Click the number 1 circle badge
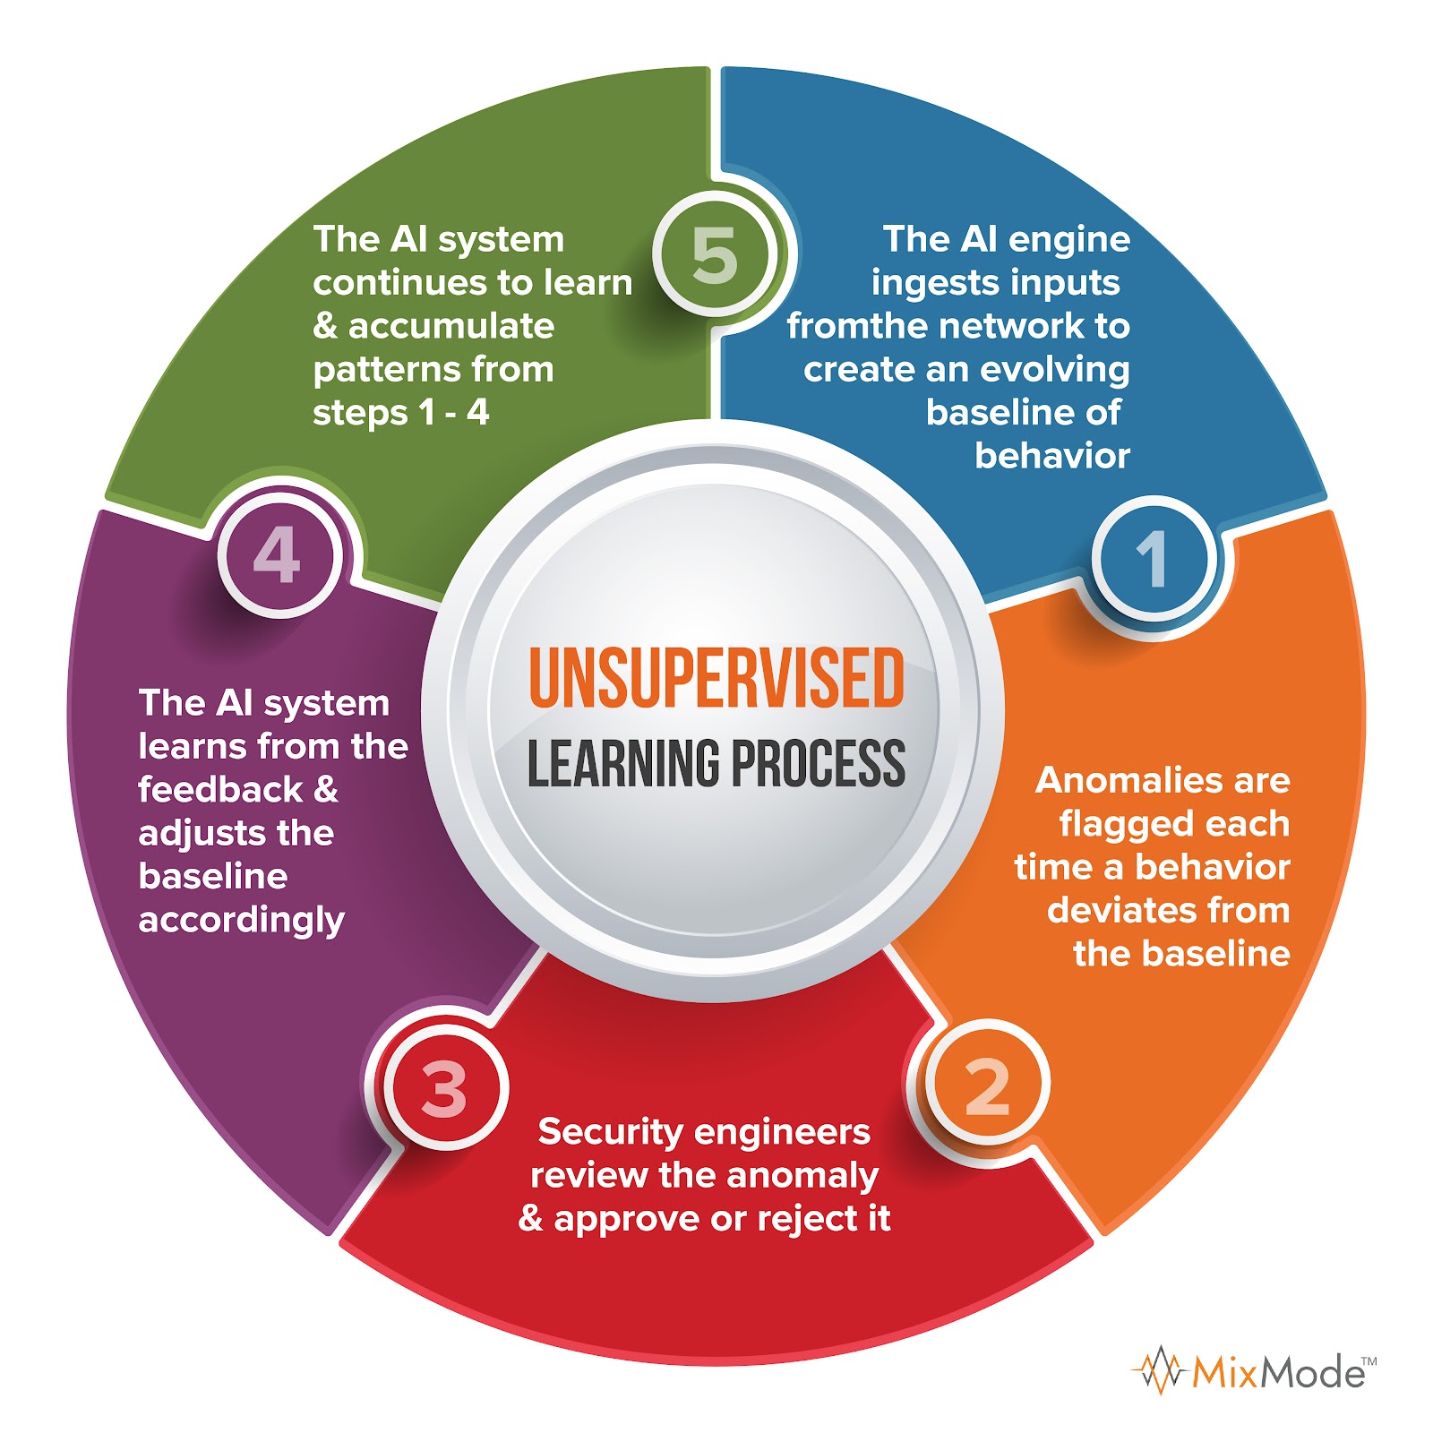[1154, 558]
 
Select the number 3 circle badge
[445, 1089]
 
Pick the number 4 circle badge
[278, 555]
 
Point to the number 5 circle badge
[715, 254]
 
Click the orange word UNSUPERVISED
[716, 679]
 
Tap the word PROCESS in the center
[818, 764]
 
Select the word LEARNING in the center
[622, 764]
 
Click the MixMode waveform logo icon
[1161, 1370]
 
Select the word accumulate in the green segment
[451, 327]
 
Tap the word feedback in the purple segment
[220, 790]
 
